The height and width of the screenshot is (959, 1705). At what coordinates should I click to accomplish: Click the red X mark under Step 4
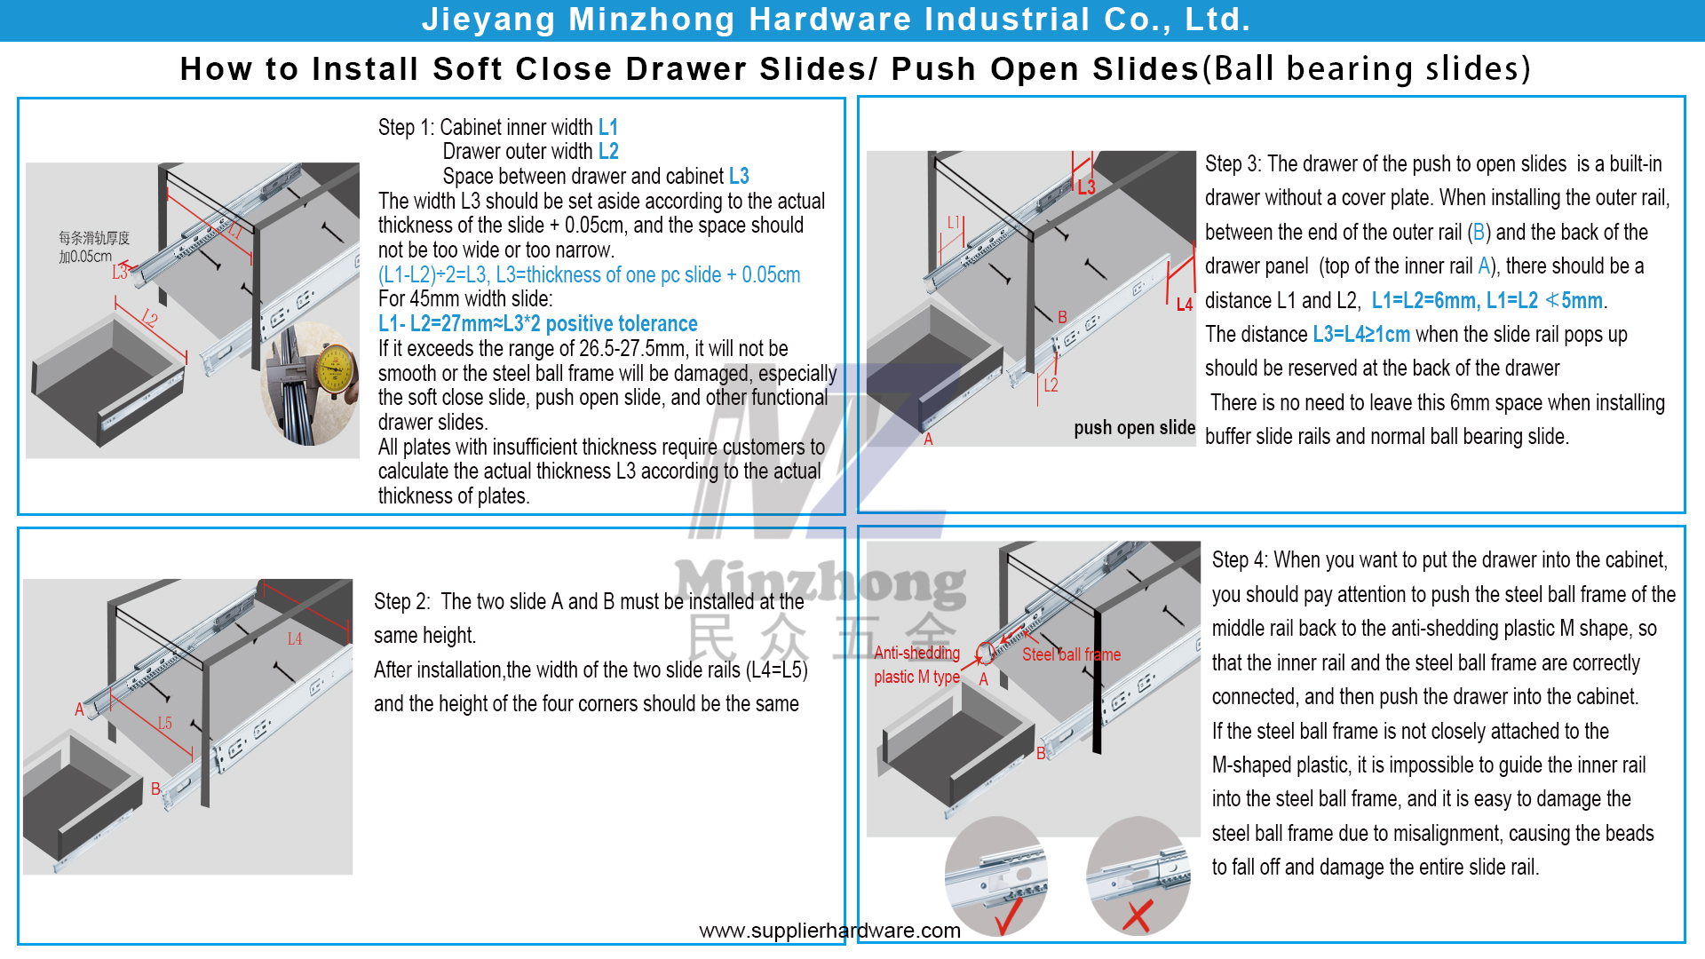(x=1138, y=916)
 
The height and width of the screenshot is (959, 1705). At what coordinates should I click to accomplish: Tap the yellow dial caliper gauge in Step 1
(x=334, y=369)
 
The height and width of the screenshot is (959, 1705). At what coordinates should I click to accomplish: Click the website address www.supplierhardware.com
(x=829, y=931)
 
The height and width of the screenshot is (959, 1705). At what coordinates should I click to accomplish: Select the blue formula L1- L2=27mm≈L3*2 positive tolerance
(x=537, y=324)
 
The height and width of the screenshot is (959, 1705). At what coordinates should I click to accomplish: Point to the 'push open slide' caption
(x=1134, y=428)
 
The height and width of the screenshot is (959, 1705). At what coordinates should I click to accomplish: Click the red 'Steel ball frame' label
(x=1071, y=654)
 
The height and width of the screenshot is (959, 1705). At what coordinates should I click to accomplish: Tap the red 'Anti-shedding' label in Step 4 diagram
(x=916, y=654)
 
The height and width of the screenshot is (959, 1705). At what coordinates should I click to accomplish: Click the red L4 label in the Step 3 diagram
(x=1184, y=305)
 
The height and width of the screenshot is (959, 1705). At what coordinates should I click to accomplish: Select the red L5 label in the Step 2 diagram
(x=164, y=724)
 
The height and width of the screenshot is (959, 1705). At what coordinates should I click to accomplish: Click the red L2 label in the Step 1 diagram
(x=149, y=318)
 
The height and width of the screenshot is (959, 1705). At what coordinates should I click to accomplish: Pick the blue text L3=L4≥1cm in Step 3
(x=1361, y=335)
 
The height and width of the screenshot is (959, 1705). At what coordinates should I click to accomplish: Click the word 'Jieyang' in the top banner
(x=488, y=20)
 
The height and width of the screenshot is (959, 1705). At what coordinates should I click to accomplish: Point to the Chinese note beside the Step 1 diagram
(x=93, y=247)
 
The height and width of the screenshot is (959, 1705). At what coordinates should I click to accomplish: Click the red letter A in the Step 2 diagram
(x=79, y=709)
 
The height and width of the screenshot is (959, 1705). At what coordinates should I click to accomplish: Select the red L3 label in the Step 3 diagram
(x=1086, y=187)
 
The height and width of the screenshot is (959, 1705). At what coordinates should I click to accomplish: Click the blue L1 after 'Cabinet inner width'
(x=608, y=128)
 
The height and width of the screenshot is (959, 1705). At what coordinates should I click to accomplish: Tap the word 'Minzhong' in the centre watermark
(x=821, y=584)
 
